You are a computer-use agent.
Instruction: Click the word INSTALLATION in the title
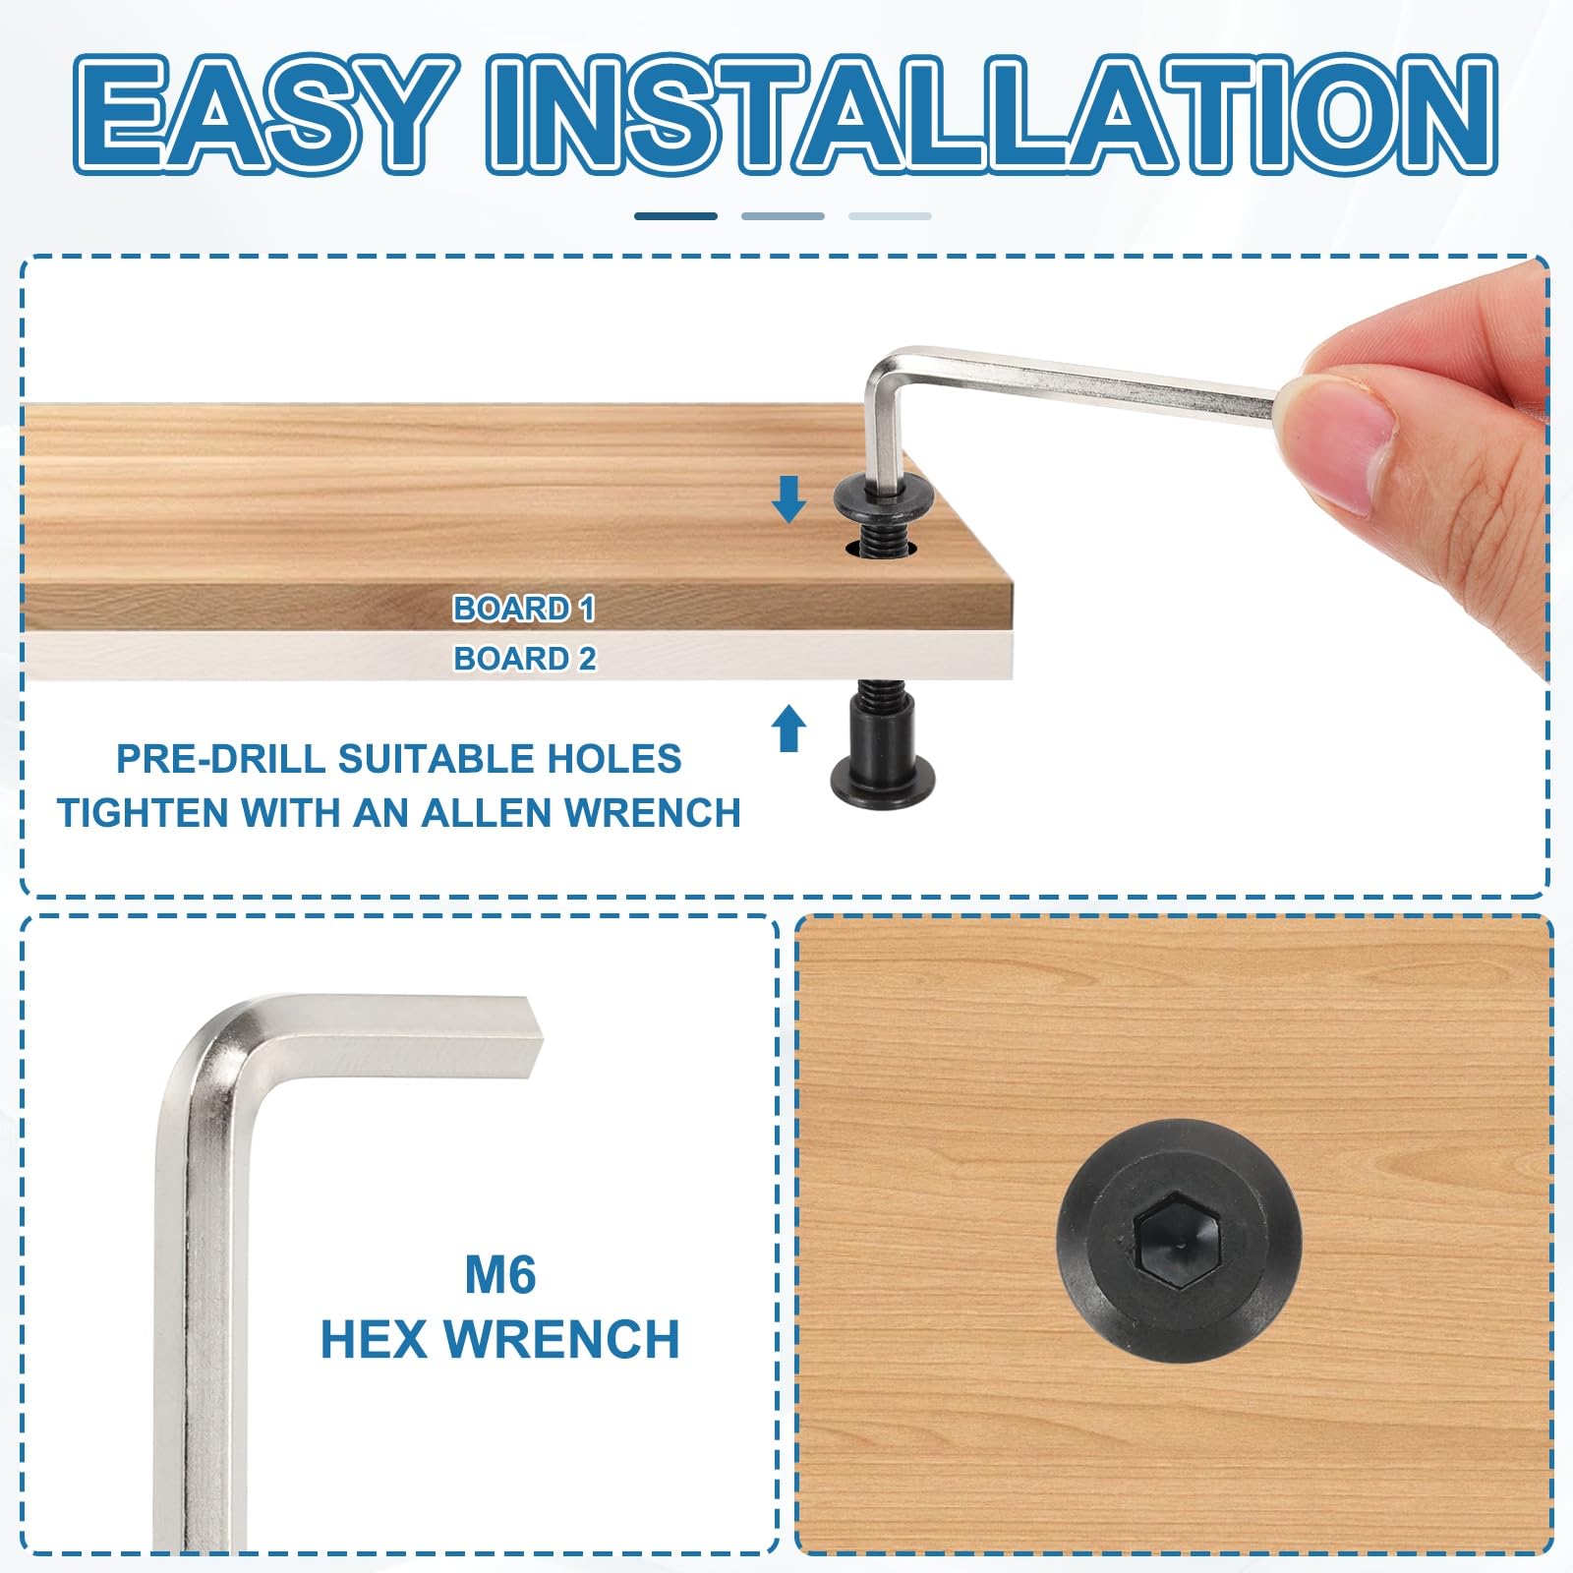[x=992, y=114]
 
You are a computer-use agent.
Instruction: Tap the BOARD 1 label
[x=524, y=609]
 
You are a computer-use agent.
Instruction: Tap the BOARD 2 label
[x=524, y=658]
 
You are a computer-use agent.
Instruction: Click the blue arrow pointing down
[x=788, y=498]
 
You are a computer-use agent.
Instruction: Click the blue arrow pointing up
[x=788, y=728]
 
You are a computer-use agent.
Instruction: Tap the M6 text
[x=500, y=1275]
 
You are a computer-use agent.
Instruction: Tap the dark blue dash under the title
[x=675, y=216]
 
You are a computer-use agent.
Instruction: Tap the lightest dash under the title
[x=890, y=216]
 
